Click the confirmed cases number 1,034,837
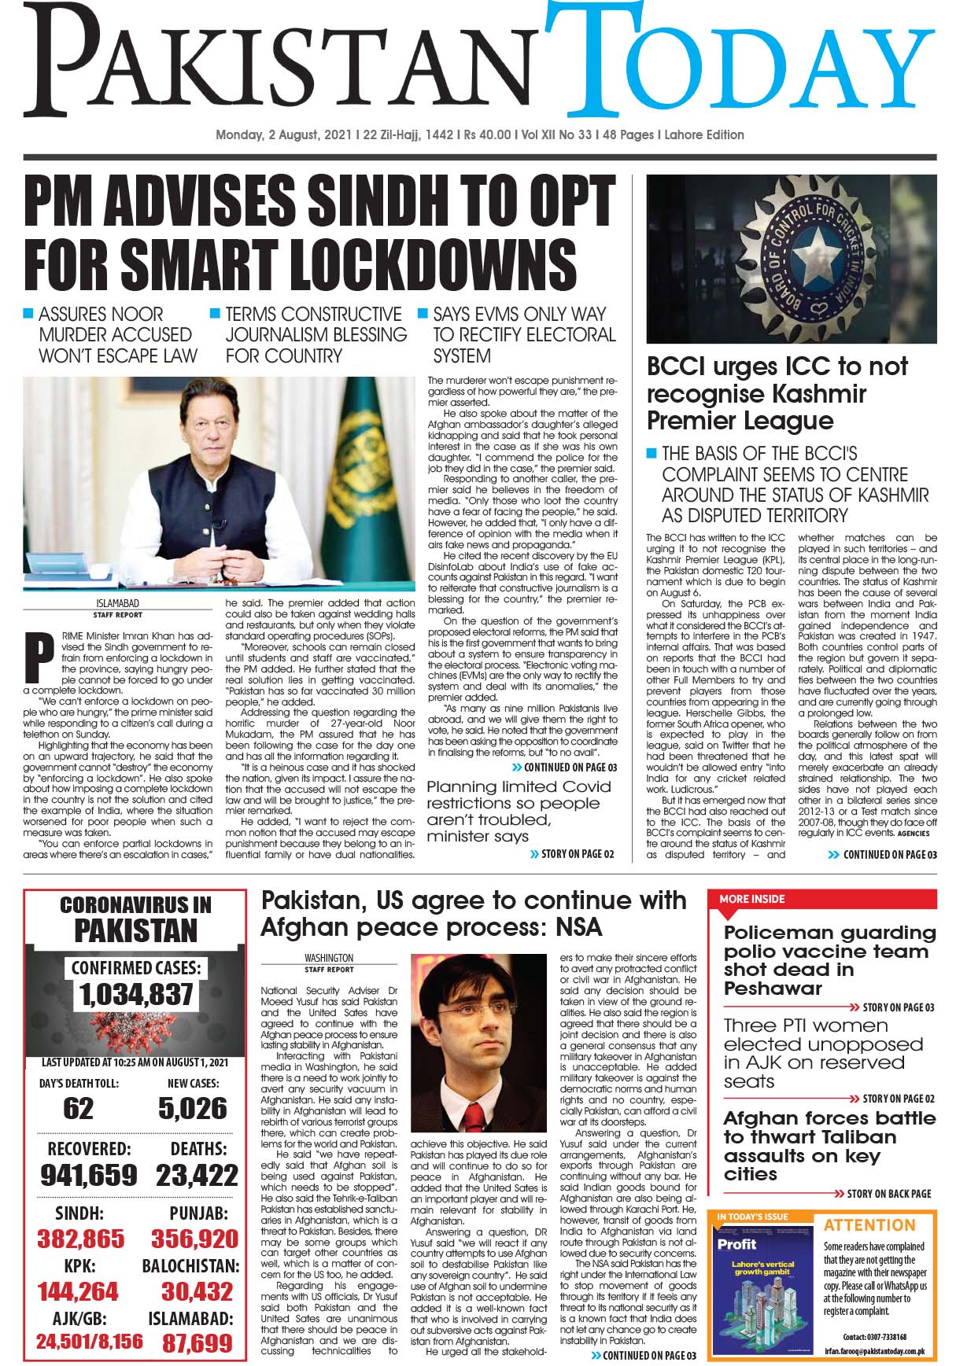tap(136, 994)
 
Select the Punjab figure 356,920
tap(194, 1239)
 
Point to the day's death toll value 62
tap(78, 1109)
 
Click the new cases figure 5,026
tap(192, 1109)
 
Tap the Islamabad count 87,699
tap(197, 1342)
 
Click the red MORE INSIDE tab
tap(744, 899)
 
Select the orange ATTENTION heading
tap(869, 1225)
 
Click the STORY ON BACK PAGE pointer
tap(888, 1194)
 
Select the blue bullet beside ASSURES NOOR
tap(28, 314)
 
